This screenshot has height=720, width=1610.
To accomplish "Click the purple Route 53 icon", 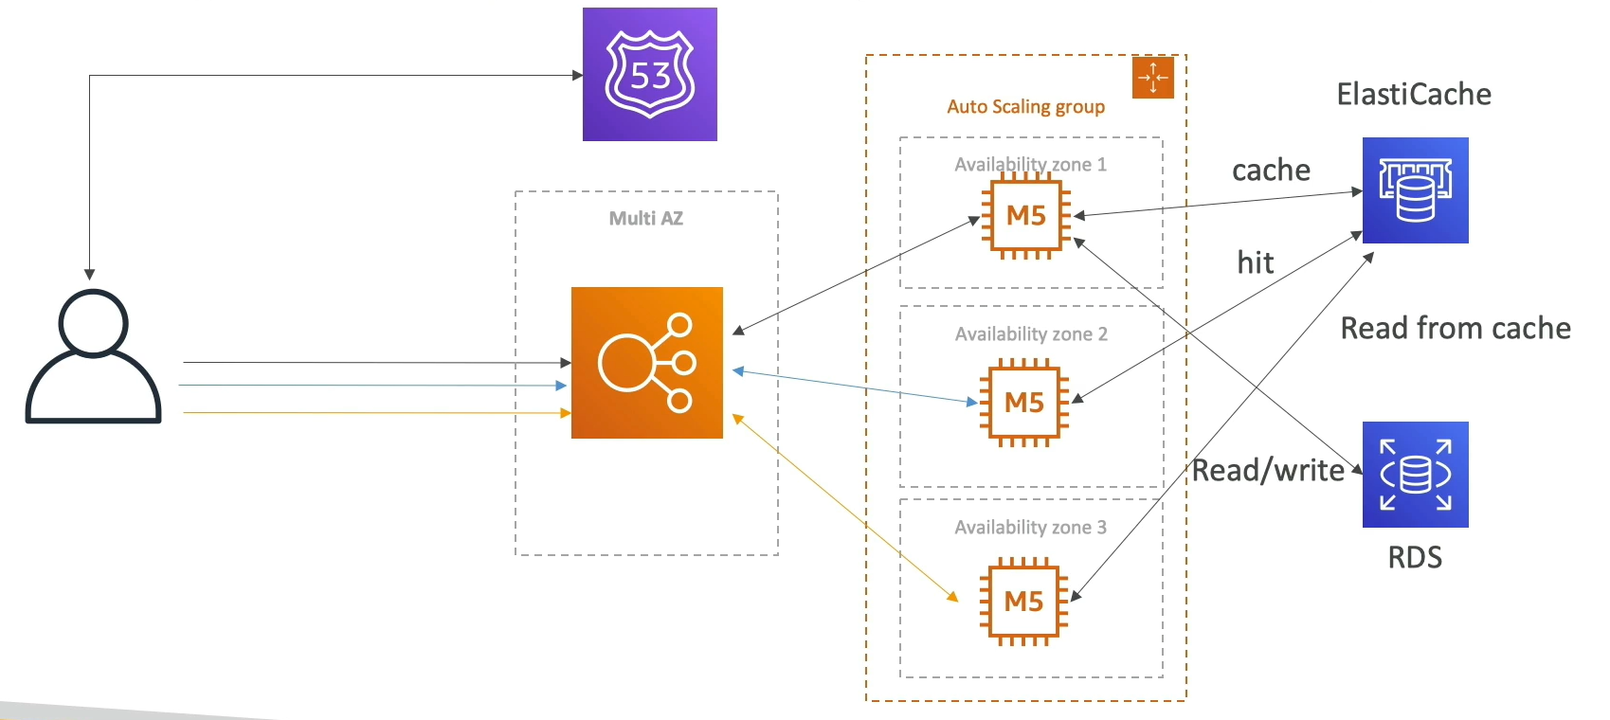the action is (650, 74).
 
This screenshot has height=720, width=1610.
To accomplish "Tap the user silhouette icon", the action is (94, 356).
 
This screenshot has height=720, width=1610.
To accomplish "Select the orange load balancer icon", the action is (647, 363).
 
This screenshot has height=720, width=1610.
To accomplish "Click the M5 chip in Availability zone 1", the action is (1026, 216).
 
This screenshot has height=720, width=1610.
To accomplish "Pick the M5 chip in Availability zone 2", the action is (1024, 403).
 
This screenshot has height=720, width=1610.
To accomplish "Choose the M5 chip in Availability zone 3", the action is (1023, 602).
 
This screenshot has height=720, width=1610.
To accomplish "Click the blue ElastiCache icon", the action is (1415, 190).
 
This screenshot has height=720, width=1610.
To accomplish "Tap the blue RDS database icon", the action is (1415, 475).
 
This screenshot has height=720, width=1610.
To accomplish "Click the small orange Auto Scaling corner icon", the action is (1153, 77).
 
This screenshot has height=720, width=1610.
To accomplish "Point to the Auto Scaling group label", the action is (1025, 107).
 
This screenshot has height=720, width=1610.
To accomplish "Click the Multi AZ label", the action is (646, 219).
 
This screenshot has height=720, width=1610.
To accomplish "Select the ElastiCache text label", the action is (1414, 94).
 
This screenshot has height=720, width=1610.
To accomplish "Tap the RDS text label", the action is (1415, 558).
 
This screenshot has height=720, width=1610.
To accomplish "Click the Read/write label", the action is (1269, 471).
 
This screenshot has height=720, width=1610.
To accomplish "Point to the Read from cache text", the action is (1456, 329).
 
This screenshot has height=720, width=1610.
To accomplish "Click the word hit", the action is (1255, 263).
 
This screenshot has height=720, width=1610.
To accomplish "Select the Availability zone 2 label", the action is (1031, 334).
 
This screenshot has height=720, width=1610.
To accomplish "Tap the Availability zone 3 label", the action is (1031, 528).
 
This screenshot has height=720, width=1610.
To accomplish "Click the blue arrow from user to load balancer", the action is (372, 386).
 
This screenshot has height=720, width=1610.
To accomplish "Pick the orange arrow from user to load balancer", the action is (377, 412).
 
